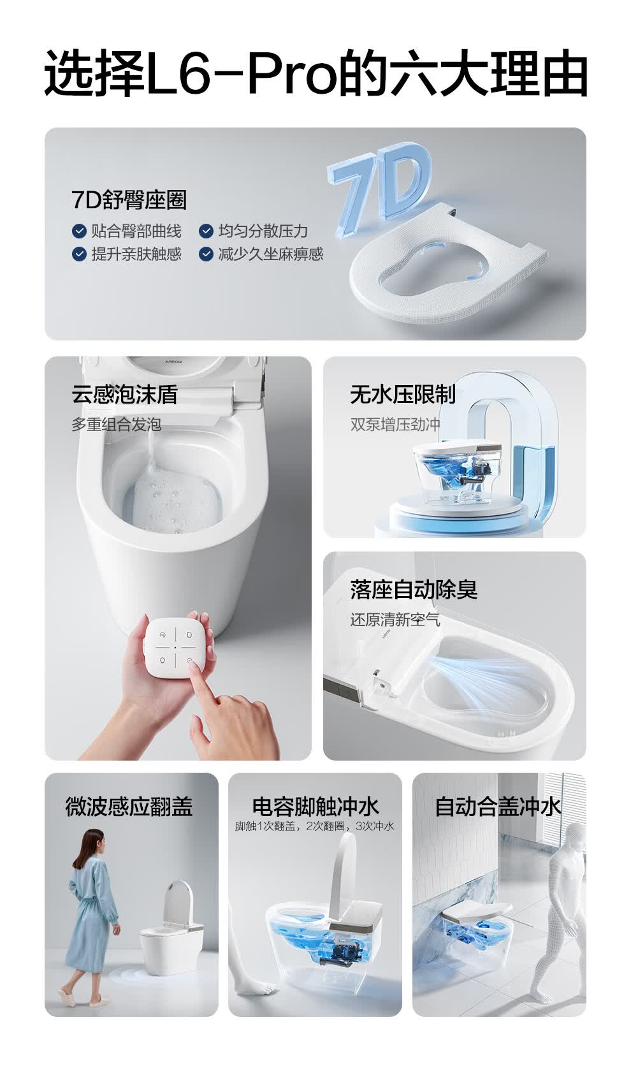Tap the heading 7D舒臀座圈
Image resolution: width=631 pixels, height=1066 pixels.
tap(129, 200)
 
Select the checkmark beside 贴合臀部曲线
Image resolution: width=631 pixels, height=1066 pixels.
tap(78, 231)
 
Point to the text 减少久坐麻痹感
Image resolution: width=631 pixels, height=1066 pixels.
tap(271, 254)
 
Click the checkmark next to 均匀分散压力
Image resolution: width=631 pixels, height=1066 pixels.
tap(206, 231)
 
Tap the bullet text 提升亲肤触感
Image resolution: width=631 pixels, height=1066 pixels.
tap(136, 254)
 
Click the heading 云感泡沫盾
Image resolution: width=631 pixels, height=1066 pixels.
tap(125, 395)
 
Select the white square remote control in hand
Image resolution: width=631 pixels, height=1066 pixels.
tap(175, 647)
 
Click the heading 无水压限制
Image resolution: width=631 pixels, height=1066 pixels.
tap(403, 394)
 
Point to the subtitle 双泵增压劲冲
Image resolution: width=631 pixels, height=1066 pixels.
tap(395, 425)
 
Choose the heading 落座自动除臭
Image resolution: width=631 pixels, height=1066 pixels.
tap(414, 590)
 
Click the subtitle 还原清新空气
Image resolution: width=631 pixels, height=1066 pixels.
tap(395, 620)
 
